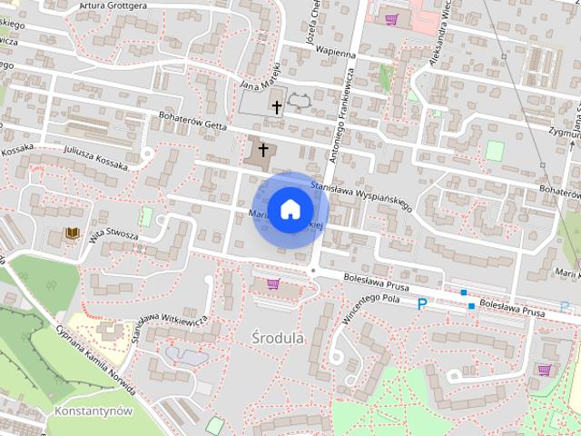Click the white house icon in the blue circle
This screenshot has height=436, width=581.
coord(290,209)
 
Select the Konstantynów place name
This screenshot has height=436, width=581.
coord(94,410)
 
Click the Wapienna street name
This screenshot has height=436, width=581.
coord(334,54)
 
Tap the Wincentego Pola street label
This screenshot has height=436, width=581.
coord(373,310)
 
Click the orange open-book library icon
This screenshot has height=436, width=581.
coord(72,235)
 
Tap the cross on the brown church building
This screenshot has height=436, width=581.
coord(264,149)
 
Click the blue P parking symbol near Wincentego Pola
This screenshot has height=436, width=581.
coord(421,305)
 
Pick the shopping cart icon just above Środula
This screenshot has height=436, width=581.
coord(272,284)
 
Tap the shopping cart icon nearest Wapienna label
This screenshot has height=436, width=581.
coord(391,19)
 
